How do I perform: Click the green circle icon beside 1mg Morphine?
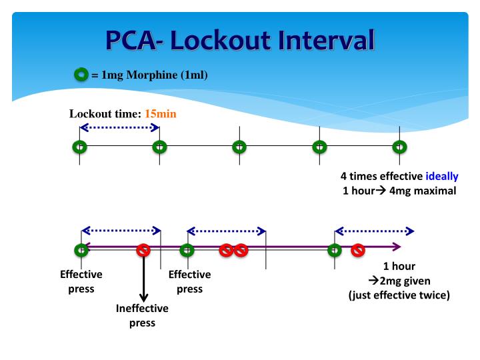(81, 75)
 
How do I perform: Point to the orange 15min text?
(161, 113)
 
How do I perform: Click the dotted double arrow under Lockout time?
(119, 127)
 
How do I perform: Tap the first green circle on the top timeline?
(79, 146)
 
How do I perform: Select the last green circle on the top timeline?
(399, 146)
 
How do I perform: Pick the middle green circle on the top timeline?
(239, 146)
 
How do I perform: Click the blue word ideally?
(442, 177)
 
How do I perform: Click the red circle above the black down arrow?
(143, 250)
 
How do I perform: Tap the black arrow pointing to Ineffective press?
(143, 280)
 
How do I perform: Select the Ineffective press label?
(142, 316)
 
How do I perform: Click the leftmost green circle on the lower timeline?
(81, 250)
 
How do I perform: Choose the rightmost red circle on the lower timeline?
(358, 250)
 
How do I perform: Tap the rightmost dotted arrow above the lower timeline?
(374, 231)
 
